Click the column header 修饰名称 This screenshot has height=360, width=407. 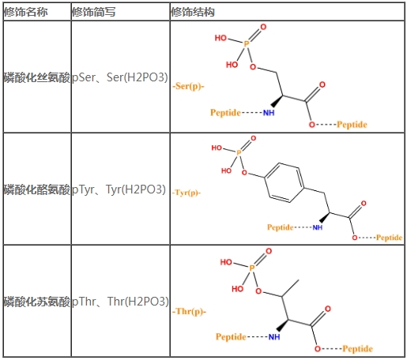[25, 12]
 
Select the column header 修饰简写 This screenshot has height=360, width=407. [93, 12]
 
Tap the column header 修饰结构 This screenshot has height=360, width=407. [193, 12]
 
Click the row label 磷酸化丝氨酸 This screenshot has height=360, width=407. [37, 77]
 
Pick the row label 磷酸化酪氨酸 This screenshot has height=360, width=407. [37, 189]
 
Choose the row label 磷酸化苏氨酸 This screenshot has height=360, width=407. [37, 302]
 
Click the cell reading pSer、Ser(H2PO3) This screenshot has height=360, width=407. [120, 77]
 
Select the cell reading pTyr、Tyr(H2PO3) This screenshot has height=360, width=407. [119, 189]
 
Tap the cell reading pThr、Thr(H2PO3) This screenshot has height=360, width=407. [120, 302]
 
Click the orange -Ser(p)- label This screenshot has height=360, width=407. [188, 86]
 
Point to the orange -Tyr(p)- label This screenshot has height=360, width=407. [187, 193]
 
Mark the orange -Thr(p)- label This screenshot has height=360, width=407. [189, 312]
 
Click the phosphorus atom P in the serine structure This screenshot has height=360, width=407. [247, 44]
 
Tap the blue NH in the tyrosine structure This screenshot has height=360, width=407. [318, 227]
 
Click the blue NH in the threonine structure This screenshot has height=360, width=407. [274, 337]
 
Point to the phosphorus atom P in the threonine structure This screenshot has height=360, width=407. [252, 268]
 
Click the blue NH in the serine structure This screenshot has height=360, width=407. [269, 113]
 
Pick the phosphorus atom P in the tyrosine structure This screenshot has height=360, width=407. [239, 152]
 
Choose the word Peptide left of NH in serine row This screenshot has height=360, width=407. [225, 113]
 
